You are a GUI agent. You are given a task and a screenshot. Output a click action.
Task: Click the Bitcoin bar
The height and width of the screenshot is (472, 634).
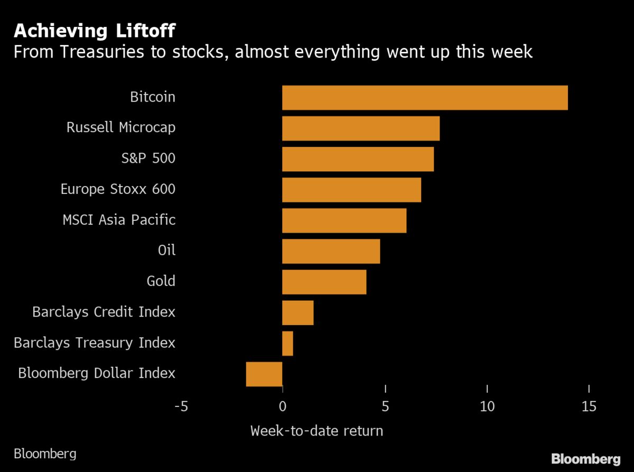coord(425,98)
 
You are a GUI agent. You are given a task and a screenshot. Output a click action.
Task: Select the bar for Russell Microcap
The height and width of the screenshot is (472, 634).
coord(361,128)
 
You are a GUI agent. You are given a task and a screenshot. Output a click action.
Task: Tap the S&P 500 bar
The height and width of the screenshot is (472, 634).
coord(358,159)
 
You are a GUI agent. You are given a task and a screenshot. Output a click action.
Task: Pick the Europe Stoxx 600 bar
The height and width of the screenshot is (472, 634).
coord(351,190)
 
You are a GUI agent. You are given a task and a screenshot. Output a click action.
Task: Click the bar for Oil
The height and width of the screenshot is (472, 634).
coord(331,251)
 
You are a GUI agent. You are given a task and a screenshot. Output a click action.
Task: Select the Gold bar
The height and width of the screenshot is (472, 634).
coord(324,282)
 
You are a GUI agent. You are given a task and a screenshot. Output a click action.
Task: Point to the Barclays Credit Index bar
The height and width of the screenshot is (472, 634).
coord(297,312)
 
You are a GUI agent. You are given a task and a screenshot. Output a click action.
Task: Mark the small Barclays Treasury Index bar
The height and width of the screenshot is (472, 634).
coord(287,344)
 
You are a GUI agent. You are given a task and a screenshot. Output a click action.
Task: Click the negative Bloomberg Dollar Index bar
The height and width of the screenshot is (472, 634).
coord(264,374)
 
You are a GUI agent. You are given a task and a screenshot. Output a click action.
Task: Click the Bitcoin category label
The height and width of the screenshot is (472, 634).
coord(152,97)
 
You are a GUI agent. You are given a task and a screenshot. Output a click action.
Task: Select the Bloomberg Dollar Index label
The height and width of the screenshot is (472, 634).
coord(96,373)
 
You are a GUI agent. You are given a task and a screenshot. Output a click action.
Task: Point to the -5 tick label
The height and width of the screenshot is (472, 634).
coord(181,406)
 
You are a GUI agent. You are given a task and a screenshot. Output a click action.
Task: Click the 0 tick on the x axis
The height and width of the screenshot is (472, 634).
coord(283,406)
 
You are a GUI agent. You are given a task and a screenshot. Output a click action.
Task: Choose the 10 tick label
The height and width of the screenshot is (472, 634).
coord(487,406)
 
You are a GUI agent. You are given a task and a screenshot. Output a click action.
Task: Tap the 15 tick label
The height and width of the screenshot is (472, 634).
coord(589,406)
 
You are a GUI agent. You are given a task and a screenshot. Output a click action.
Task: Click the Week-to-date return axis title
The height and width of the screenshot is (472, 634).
coord(316,431)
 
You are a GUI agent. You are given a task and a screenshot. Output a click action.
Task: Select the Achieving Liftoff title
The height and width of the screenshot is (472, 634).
coord(95,31)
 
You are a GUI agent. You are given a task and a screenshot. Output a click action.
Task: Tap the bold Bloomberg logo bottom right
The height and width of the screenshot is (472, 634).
coord(585,458)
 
